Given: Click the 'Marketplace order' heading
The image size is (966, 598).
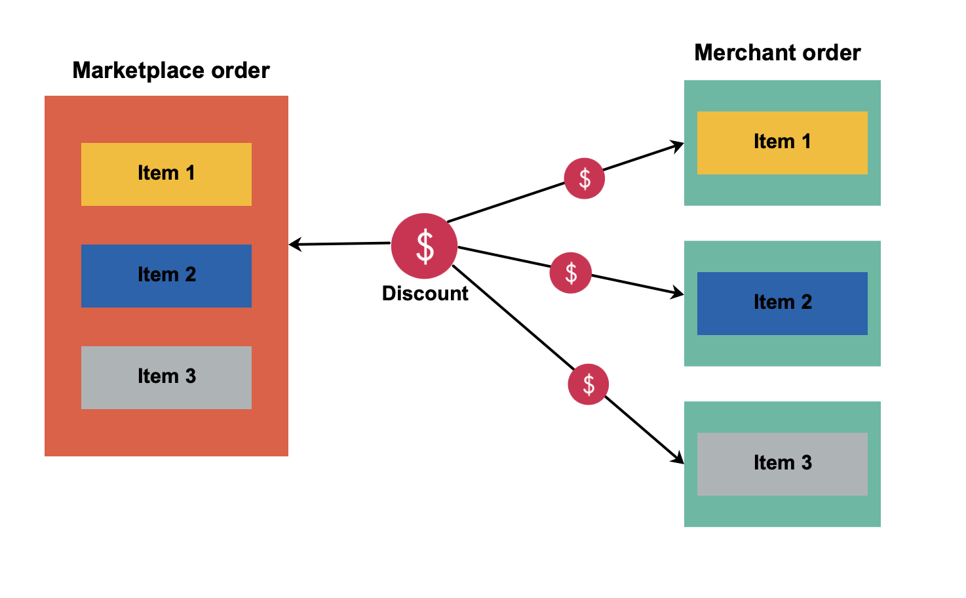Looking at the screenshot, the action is point(171,70).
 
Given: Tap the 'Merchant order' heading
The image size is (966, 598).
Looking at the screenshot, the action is point(777,52).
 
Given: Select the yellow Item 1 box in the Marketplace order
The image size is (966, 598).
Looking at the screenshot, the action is point(166,174).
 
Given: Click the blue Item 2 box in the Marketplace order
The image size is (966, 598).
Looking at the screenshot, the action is point(166,276).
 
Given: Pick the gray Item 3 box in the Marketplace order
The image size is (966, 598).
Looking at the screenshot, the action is point(166,378).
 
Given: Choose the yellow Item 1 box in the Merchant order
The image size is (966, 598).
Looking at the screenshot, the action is point(782,143).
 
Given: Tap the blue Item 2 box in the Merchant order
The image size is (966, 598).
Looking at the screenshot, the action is point(782,304).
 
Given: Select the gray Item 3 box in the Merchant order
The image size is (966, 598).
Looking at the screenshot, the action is point(782,464).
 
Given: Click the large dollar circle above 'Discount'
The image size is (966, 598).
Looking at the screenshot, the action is point(425,246).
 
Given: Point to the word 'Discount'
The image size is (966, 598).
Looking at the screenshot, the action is point(425,293).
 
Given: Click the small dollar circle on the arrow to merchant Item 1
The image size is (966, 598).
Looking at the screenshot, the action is point(585,178).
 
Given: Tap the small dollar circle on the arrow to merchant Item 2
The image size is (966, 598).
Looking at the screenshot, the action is point(571,273).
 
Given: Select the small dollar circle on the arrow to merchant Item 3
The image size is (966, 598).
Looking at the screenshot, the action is point(589,384).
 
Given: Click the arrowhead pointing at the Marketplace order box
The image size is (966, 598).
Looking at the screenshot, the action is point(294,245).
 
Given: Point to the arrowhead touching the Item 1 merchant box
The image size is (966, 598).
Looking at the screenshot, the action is point(677,146).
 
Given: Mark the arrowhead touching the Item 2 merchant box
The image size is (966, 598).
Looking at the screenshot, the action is point(677,293).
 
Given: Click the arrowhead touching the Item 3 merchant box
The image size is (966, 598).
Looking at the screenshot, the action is point(678,458).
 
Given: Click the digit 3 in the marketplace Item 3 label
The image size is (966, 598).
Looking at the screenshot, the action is point(191,376).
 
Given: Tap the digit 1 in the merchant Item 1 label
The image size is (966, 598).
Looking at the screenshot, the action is point(806,141).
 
